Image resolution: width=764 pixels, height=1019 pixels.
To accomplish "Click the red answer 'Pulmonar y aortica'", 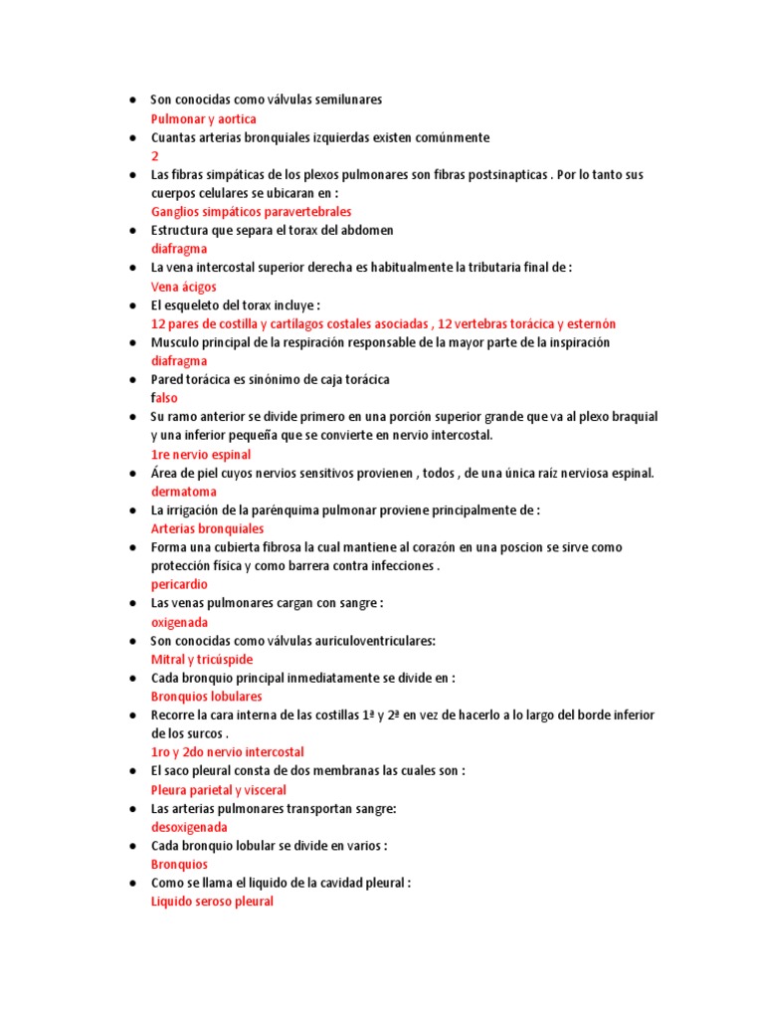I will [203, 119].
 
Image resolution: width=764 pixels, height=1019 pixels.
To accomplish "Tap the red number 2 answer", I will [154, 157].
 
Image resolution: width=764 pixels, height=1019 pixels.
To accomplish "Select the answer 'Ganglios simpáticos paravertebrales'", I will [251, 212].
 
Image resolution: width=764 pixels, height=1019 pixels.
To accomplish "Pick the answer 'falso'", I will [164, 398].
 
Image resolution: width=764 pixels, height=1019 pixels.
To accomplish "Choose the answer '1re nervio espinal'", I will [200, 454].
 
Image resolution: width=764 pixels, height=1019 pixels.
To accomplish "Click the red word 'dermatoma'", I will [183, 492].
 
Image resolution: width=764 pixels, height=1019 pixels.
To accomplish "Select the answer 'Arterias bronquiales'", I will [207, 528].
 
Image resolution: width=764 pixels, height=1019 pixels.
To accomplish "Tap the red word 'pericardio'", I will [179, 584].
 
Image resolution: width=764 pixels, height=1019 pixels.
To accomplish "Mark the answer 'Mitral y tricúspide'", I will [201, 660].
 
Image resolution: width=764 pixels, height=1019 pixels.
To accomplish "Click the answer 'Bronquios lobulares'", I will [206, 697].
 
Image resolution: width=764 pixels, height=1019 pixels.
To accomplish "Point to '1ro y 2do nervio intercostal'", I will [227, 752].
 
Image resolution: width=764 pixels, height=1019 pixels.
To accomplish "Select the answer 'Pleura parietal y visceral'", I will [218, 790].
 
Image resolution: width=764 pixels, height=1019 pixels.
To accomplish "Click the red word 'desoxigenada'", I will [189, 827].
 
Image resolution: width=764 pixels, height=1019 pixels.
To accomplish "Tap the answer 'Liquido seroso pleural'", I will [211, 902].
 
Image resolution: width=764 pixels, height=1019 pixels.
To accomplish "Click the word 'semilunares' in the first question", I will [348, 101].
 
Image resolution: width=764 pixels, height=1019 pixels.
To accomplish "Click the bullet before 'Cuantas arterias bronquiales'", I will [132, 138].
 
